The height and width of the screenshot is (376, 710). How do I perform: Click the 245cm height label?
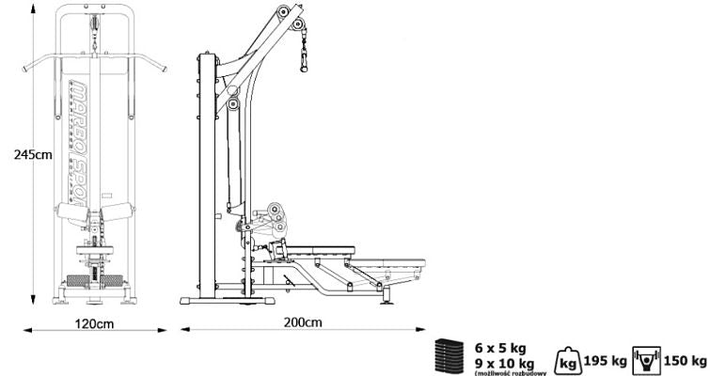click(19, 155)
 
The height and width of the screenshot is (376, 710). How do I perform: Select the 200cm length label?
click(302, 322)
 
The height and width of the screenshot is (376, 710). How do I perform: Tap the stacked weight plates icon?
click(448, 358)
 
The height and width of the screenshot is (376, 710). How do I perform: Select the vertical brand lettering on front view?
click(83, 141)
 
